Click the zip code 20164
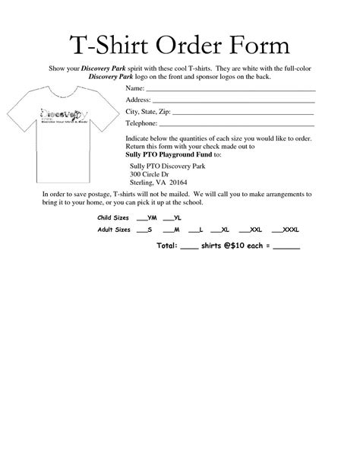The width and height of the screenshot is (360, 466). pyautogui.click(x=178, y=183)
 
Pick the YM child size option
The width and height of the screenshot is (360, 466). pyautogui.click(x=147, y=217)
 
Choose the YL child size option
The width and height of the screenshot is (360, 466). pyautogui.click(x=172, y=217)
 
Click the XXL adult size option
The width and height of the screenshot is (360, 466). pyautogui.click(x=251, y=229)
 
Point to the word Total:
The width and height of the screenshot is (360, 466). pyautogui.click(x=167, y=247)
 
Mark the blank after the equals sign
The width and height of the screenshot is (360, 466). pyautogui.click(x=286, y=249)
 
